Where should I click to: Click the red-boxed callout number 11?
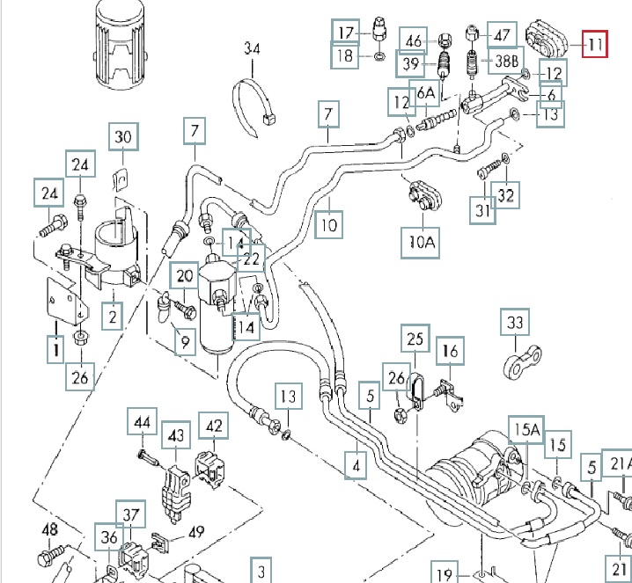tap(594, 42)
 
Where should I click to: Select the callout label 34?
tap(253, 48)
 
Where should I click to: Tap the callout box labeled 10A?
tap(422, 241)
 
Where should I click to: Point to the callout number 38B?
tap(506, 62)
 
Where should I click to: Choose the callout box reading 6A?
tap(426, 92)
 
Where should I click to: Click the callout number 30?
tap(124, 136)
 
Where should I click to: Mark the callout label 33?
tap(515, 324)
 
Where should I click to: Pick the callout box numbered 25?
tap(415, 338)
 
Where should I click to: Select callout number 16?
tap(451, 352)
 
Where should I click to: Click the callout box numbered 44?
tap(143, 423)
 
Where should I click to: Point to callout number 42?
tap(212, 426)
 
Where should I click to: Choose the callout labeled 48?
tap(49, 529)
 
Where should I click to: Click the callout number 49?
tap(195, 531)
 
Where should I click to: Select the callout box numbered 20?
tap(183, 276)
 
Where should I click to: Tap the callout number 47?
tap(502, 35)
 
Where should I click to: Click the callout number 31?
tap(481, 211)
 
